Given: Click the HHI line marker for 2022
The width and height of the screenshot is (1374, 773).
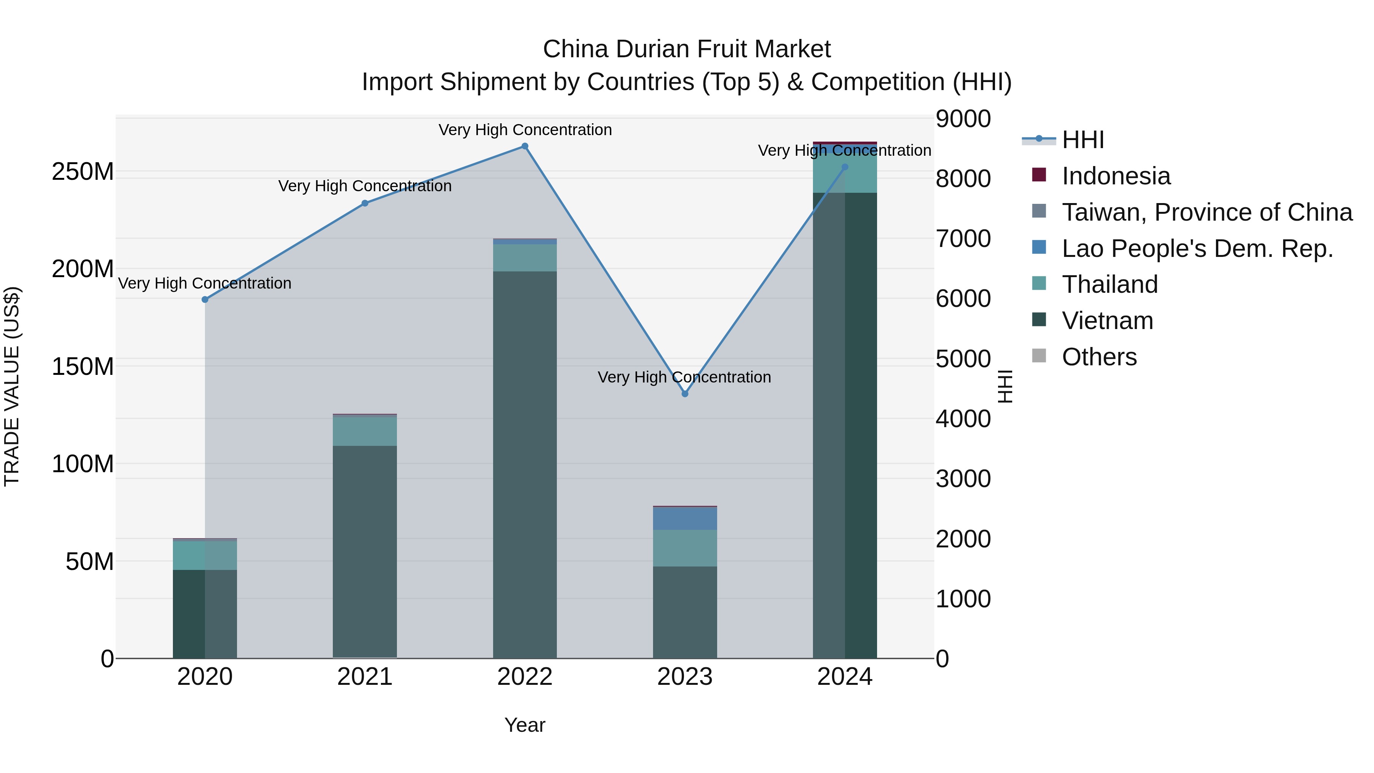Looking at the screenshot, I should pos(525,146).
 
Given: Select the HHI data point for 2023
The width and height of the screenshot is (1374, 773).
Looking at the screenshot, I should pos(685,394).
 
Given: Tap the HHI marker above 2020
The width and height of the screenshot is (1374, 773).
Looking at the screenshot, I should pos(205,299).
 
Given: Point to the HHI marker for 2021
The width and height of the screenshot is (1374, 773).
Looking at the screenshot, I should pos(365,203).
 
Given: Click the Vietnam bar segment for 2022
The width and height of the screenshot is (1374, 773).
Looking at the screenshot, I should pos(525,464).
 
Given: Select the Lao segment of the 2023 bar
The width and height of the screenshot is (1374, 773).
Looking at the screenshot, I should pos(685,518).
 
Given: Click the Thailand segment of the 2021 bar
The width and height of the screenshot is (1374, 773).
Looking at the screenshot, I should pos(365,431).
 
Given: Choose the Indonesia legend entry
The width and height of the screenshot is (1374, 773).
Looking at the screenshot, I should pos(1116,176).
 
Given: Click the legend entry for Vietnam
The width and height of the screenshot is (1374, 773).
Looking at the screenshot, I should pos(1107,321).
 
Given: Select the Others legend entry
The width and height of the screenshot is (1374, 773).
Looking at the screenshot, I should pos(1099,357).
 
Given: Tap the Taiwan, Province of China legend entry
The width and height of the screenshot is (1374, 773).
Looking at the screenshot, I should pos(1206,212).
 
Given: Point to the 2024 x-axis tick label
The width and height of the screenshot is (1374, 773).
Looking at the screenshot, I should pos(845,677).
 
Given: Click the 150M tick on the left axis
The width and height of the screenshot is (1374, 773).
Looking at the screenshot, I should pos(83,366).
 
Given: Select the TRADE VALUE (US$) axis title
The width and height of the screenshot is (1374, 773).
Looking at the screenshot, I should pos(12,386).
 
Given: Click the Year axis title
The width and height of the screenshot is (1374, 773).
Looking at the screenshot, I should pos(525,725).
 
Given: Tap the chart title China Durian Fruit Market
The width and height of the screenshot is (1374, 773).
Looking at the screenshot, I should pos(687,49).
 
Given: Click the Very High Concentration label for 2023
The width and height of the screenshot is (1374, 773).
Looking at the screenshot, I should pos(684,377).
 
